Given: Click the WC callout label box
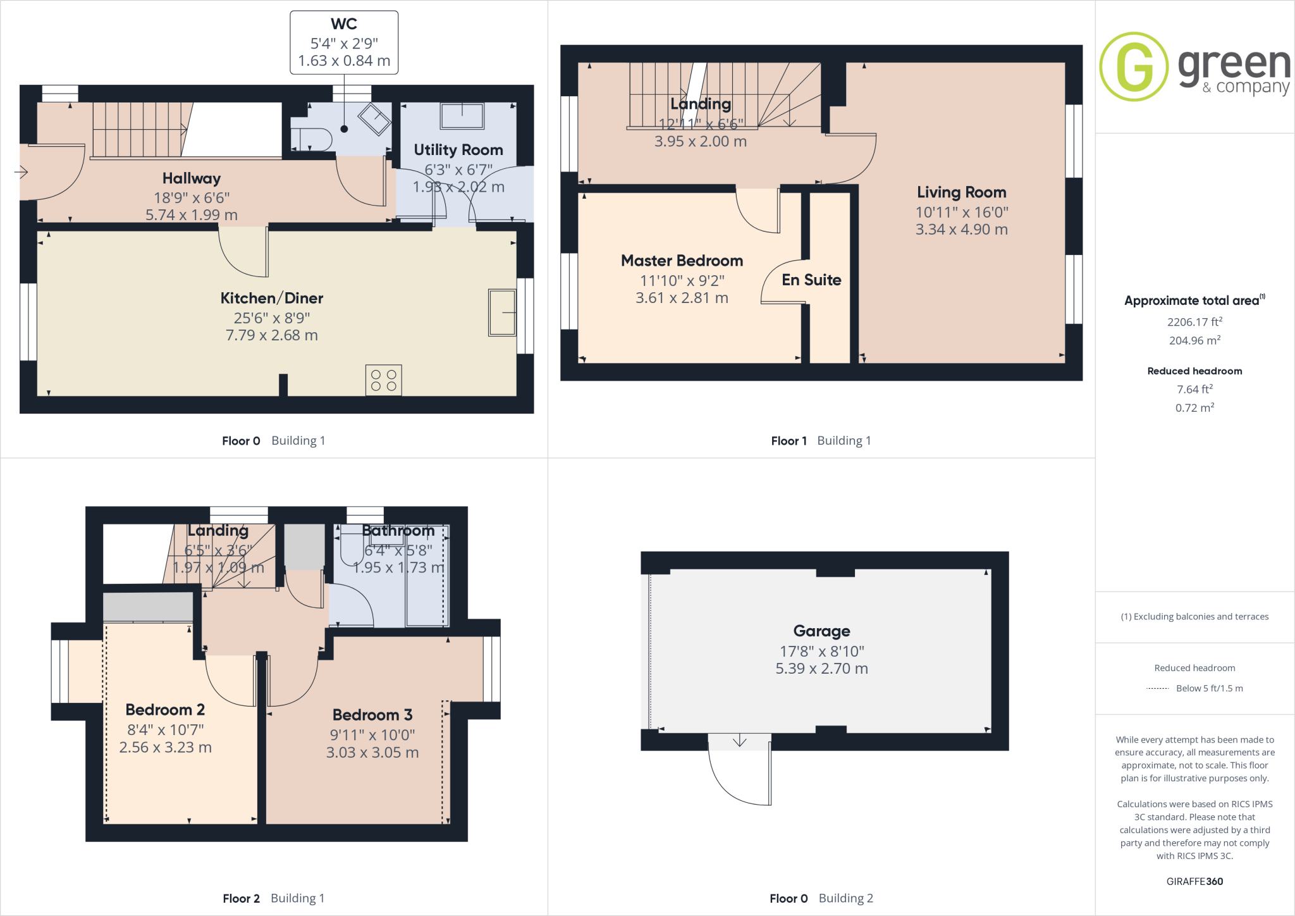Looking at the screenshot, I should click(x=344, y=42).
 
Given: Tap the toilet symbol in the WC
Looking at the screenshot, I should click(x=314, y=139).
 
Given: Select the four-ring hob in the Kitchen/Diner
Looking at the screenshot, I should click(x=383, y=380).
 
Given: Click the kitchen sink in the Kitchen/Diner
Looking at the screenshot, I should click(x=502, y=313).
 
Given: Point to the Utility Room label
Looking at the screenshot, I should click(x=458, y=150).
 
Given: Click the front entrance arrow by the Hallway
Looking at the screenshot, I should click(x=21, y=171).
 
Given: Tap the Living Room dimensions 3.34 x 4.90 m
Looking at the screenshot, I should click(x=961, y=230).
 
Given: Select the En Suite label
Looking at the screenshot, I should click(x=811, y=280).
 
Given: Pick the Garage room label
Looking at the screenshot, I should click(x=821, y=631).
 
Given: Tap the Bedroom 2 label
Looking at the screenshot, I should click(x=165, y=710).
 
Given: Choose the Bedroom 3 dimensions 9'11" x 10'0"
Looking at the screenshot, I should click(x=372, y=735).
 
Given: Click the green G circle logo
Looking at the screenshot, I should click(x=1133, y=66).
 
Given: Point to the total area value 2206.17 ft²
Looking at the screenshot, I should click(x=1194, y=322).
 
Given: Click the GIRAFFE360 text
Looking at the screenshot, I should click(x=1194, y=881).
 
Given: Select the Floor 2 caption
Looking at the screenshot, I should click(x=241, y=898).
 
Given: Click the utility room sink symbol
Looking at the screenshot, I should click(x=462, y=116).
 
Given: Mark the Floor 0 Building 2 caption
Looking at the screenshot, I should click(x=821, y=898).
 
